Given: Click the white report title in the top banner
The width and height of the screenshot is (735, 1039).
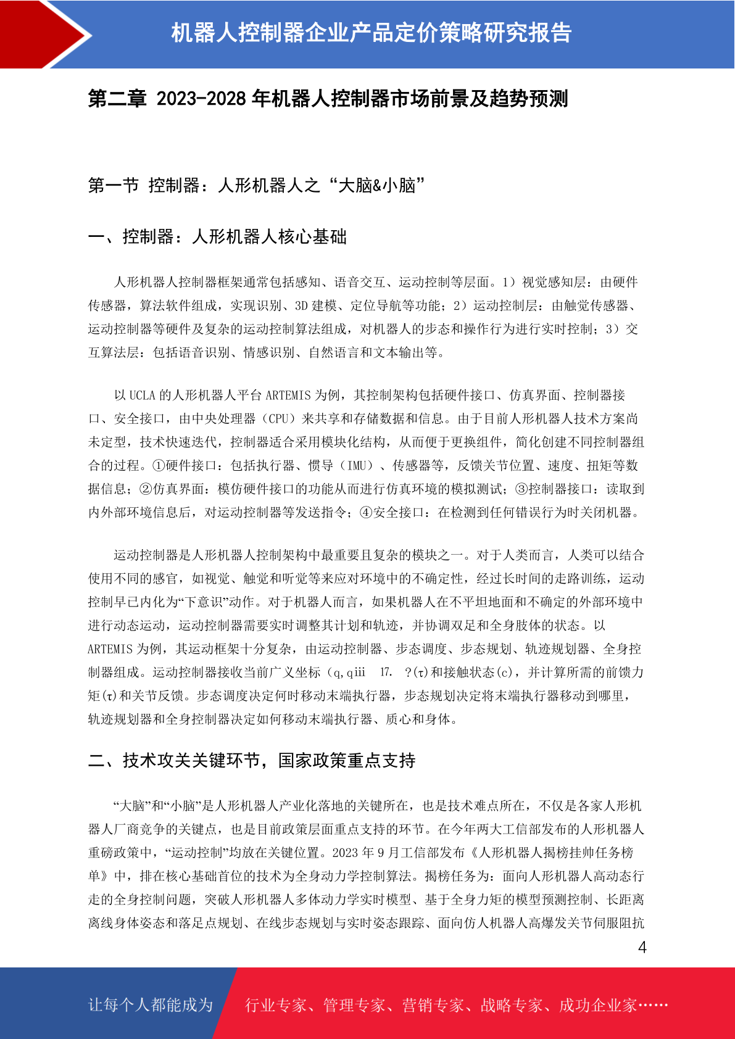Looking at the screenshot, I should click(371, 33).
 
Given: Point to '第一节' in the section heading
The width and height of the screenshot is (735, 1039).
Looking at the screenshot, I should click(113, 185).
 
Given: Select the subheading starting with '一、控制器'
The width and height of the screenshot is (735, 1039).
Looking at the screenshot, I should click(217, 237).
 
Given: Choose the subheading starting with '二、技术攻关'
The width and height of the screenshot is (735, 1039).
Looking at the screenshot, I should click(252, 760).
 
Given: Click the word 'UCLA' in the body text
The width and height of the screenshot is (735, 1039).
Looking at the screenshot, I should click(142, 395).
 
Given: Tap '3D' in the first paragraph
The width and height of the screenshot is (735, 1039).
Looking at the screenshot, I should click(301, 305).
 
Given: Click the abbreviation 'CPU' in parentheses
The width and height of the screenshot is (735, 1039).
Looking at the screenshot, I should click(278, 419).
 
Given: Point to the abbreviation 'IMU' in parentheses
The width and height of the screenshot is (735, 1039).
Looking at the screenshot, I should click(357, 466).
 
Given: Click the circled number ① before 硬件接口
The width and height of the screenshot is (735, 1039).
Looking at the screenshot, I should click(159, 466).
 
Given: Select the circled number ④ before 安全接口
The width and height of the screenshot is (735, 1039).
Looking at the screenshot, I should click(366, 513).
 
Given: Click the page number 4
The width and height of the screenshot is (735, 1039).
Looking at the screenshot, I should click(642, 948).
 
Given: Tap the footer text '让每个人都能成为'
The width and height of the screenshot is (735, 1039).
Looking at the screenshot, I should click(151, 1005).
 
